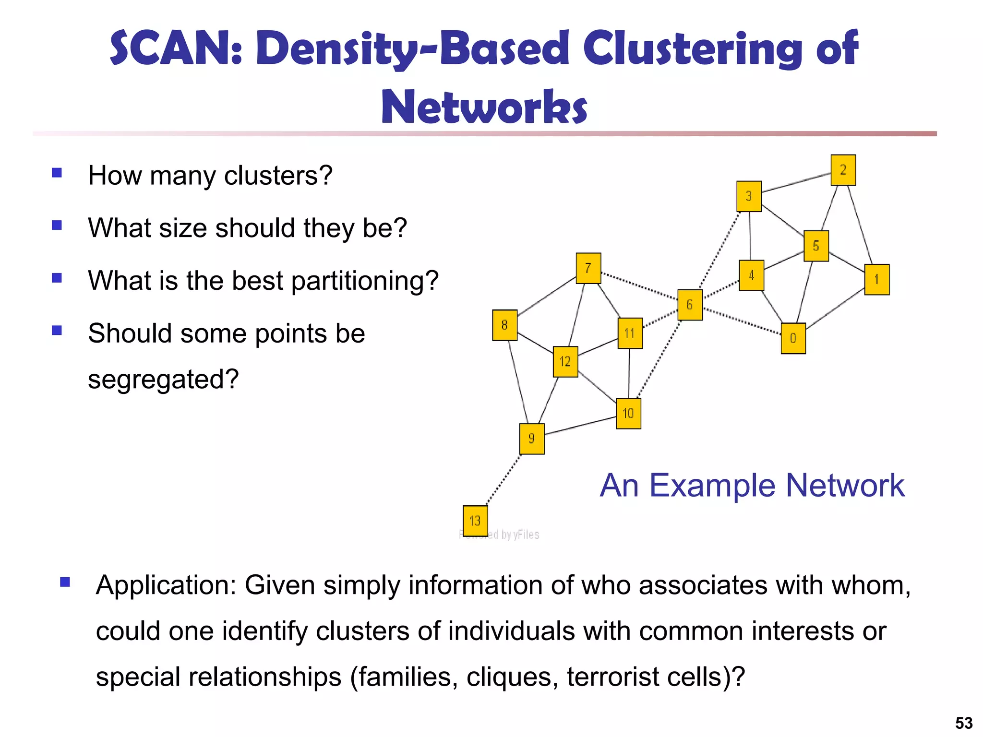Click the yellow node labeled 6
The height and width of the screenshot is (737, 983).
coord(690,305)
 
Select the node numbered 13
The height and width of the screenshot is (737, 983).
coord(475,521)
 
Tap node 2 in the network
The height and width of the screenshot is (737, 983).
coord(843,170)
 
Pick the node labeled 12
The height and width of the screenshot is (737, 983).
coord(565,361)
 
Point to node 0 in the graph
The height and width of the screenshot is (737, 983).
coord(793,338)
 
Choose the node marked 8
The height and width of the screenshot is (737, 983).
coord(504,325)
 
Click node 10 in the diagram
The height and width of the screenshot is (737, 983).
coord(628,413)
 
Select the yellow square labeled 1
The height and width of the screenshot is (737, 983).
coord(876,279)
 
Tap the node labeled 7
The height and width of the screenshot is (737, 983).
coord(588,268)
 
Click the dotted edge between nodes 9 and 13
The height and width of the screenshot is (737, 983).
coord(503,480)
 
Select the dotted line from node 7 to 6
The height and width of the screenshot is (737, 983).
coord(639,286)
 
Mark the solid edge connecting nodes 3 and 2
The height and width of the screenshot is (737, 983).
coord(796,183)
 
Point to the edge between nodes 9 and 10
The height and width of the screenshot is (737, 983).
coord(580,426)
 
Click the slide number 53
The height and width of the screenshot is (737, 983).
coord(964,723)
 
